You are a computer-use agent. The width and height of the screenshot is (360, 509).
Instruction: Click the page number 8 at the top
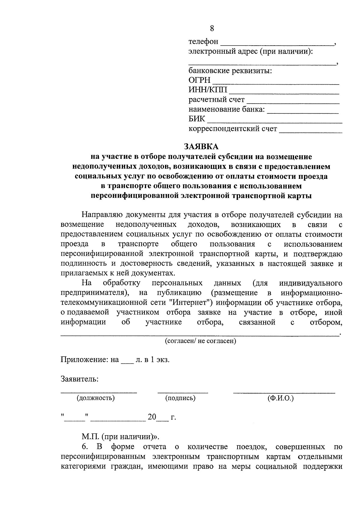(x=212, y=28)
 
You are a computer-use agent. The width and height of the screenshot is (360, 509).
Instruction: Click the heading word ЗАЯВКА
(x=201, y=147)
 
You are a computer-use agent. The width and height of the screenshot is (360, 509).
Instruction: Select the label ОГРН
(x=199, y=80)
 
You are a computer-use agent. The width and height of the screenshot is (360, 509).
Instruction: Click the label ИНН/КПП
(x=208, y=90)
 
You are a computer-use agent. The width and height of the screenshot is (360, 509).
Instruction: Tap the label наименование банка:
(x=227, y=109)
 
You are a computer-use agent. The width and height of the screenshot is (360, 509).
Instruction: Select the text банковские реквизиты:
(x=230, y=71)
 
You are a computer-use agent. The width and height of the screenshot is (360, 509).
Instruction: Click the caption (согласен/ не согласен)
(x=200, y=341)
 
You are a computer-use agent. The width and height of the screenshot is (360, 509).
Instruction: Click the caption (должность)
(x=96, y=398)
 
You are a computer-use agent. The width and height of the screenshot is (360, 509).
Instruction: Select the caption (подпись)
(x=180, y=398)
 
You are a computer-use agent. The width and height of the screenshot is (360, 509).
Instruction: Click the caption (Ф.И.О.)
(x=280, y=398)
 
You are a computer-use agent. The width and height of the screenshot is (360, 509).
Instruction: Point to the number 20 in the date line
(x=152, y=417)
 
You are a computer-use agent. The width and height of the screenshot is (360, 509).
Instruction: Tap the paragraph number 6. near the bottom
(x=85, y=447)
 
